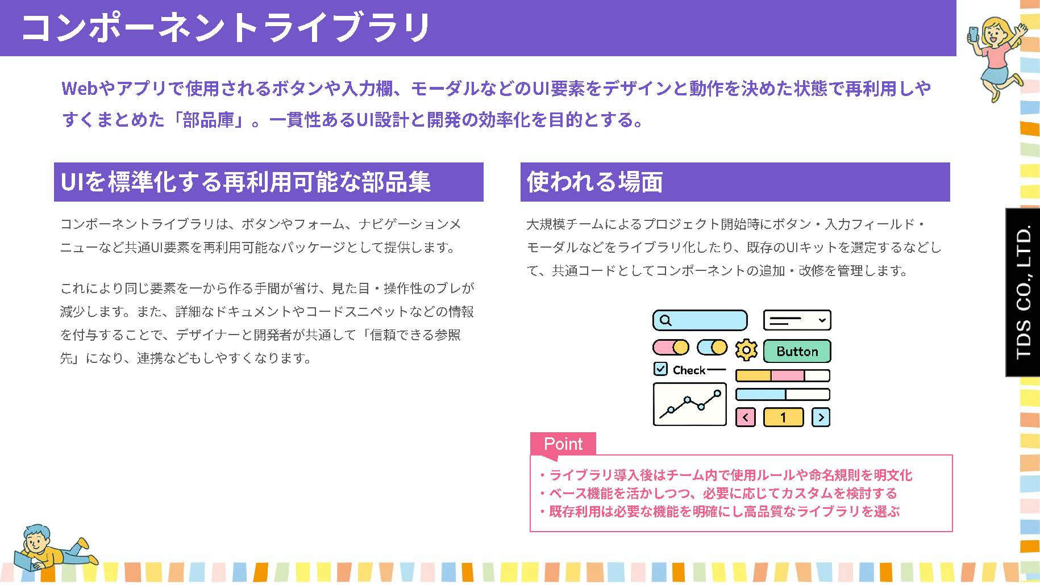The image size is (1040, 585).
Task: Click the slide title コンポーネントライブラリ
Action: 226,27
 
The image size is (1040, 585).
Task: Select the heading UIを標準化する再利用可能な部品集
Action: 246,182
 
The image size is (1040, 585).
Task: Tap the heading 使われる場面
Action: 594,182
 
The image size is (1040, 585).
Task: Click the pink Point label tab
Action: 563,444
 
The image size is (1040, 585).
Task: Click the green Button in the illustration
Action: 797,351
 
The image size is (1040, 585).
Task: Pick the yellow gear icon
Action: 746,350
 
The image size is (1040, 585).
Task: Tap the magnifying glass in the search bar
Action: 666,320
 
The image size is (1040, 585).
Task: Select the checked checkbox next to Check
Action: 660,369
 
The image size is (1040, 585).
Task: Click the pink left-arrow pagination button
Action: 745,417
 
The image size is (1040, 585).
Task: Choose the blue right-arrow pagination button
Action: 821,417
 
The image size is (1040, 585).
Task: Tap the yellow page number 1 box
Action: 783,417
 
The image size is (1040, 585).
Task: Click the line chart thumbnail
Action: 690,404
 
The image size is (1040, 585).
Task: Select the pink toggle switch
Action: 671,347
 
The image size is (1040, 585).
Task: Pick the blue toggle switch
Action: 712,347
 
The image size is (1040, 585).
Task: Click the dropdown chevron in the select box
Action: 822,320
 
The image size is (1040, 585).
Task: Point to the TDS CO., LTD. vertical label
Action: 1023,292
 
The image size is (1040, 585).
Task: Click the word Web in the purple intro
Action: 80,89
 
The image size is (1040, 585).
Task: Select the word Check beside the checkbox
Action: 689,370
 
